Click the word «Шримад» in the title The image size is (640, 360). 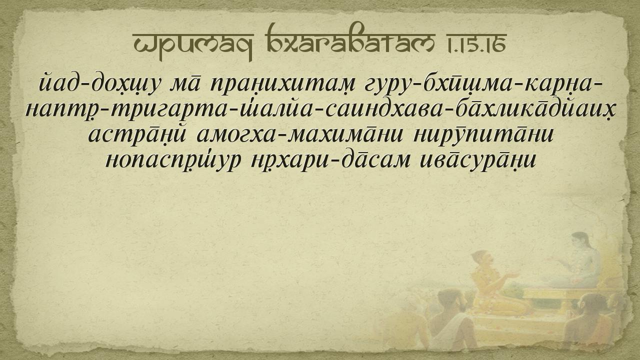193,45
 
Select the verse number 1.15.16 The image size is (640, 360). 476,43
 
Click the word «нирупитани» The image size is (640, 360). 483,135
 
